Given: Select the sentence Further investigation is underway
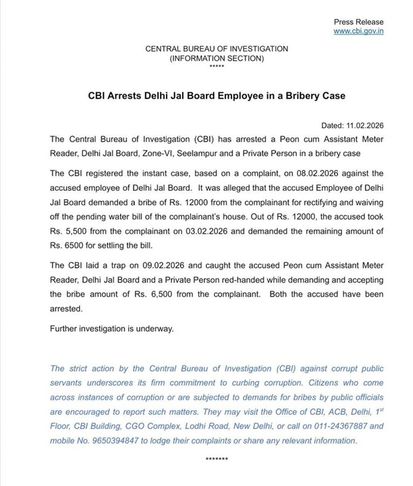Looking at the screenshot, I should coord(112,329).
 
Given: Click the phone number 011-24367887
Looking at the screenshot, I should coord(316,427).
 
